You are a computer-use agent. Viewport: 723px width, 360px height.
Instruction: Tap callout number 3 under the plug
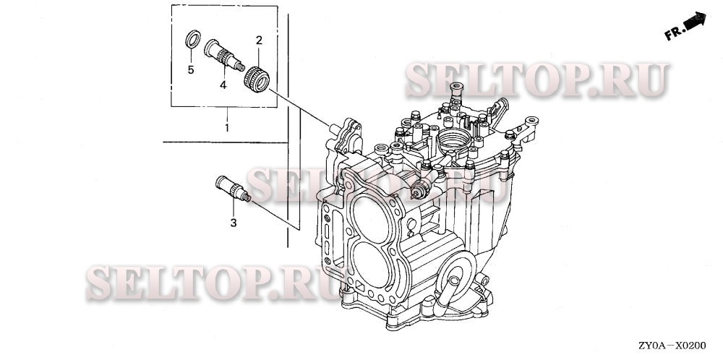coord(234,223)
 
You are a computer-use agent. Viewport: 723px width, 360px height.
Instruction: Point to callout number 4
coord(223,85)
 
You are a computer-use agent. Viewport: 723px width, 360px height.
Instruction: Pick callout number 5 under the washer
coord(192,70)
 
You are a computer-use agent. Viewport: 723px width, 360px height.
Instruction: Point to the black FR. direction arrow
coord(695,22)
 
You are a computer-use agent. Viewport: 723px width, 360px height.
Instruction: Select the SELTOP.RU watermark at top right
coord(536,80)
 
